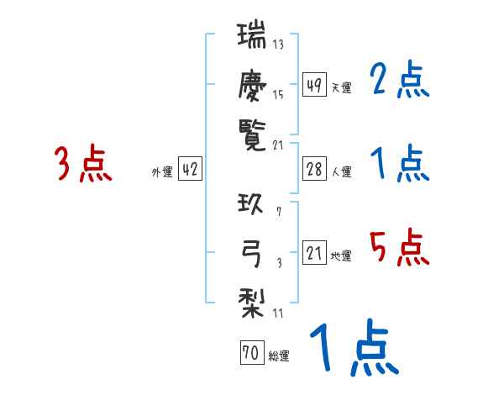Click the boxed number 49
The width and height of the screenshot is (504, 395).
[x=314, y=85]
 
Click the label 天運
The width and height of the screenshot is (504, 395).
[x=341, y=87]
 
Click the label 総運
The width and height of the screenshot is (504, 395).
[x=279, y=356]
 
